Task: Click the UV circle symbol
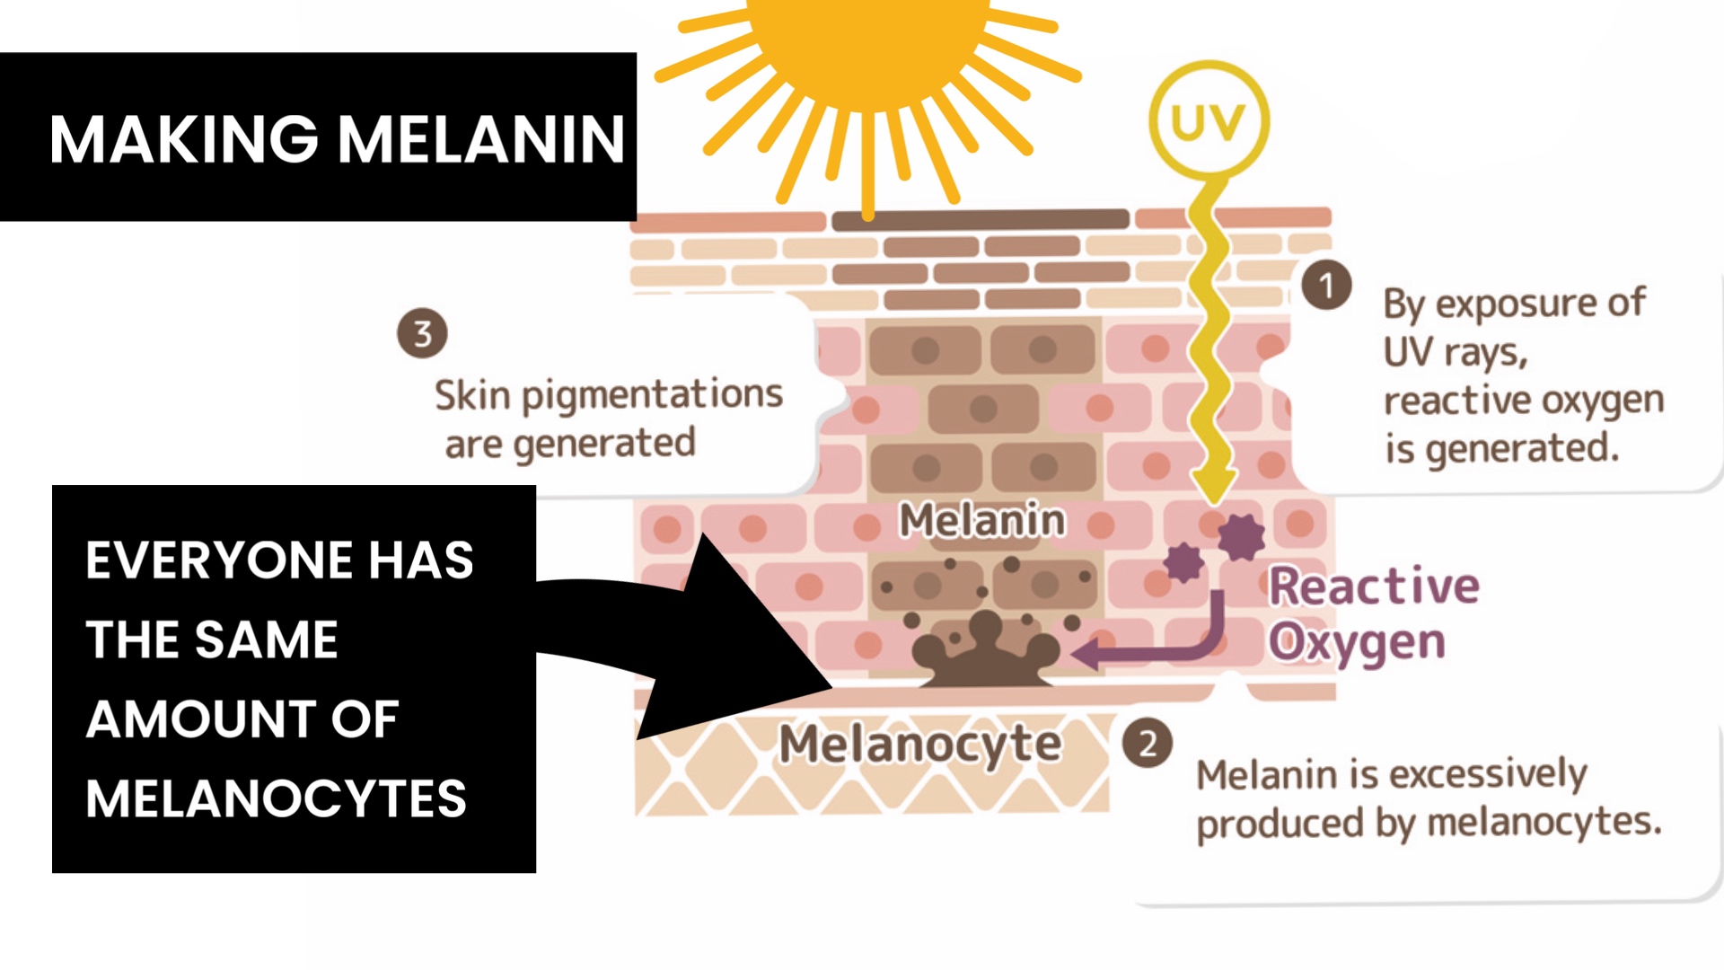click(1209, 119)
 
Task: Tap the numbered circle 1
click(1326, 286)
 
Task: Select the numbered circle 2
click(1148, 744)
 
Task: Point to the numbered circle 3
click(422, 333)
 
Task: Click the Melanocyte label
click(920, 744)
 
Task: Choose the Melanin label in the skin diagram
click(982, 520)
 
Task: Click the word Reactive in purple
click(1374, 586)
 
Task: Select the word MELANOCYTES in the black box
click(277, 798)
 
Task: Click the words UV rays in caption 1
click(1456, 352)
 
